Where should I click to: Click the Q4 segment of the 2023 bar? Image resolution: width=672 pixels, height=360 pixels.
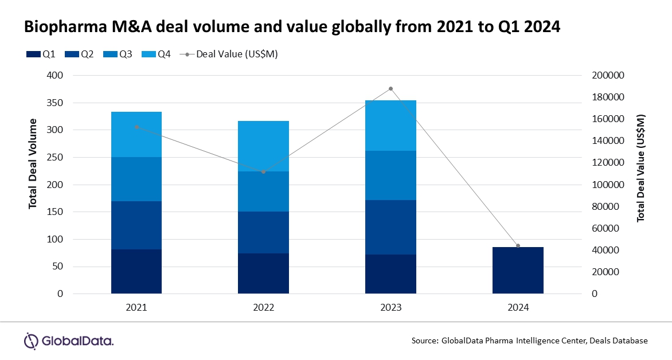pyautogui.click(x=390, y=125)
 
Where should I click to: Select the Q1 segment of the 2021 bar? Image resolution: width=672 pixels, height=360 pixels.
pyautogui.click(x=136, y=271)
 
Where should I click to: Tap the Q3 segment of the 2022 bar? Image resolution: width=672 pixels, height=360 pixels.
pyautogui.click(x=263, y=191)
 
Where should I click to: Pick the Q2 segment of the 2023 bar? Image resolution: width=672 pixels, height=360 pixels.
pyautogui.click(x=390, y=227)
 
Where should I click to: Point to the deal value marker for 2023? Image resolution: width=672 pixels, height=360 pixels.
pyautogui.click(x=390, y=89)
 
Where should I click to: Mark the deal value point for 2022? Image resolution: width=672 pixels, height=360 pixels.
pyautogui.click(x=263, y=172)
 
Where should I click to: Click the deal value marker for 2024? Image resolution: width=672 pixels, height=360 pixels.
pyautogui.click(x=518, y=246)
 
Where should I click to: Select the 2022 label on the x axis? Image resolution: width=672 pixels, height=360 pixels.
pyautogui.click(x=263, y=307)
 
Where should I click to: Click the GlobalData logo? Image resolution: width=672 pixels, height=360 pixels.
pyautogui.click(x=68, y=341)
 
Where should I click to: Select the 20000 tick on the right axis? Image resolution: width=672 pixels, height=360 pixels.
pyautogui.click(x=606, y=272)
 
